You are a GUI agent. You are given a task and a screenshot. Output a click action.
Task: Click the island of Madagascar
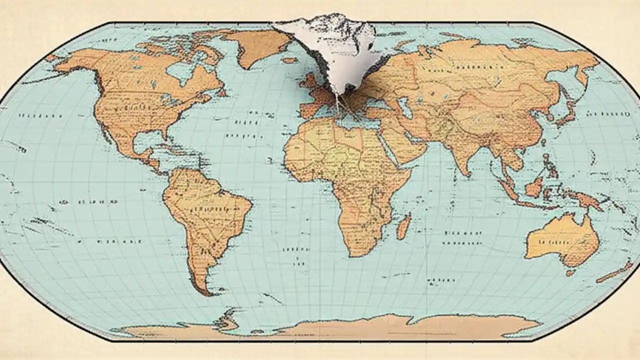[403, 226]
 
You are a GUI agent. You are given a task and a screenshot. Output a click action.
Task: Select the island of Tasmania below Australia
[570, 273]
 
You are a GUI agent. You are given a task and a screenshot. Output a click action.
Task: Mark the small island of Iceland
[289, 60]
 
